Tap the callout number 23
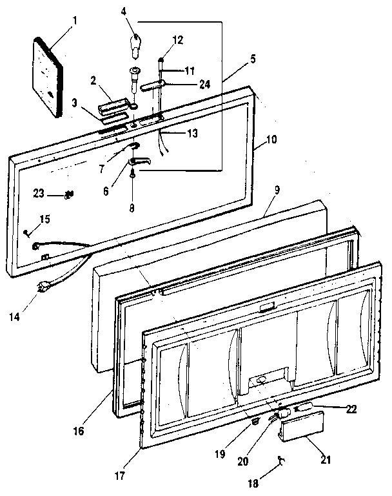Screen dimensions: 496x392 39,192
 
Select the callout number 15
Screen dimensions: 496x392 44,220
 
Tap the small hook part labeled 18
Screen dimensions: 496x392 280,459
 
